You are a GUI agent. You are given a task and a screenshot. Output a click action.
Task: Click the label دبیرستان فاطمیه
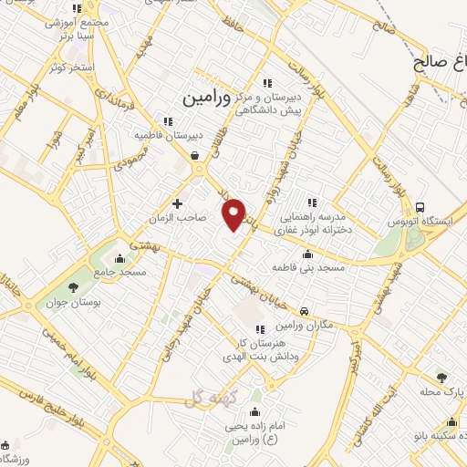tap(168, 135)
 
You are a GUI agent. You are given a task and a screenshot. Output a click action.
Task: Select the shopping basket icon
tap(195, 156)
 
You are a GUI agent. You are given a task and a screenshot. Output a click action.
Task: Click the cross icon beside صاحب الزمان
tap(177, 202)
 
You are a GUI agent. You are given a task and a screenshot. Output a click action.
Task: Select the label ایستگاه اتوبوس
tap(437, 222)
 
